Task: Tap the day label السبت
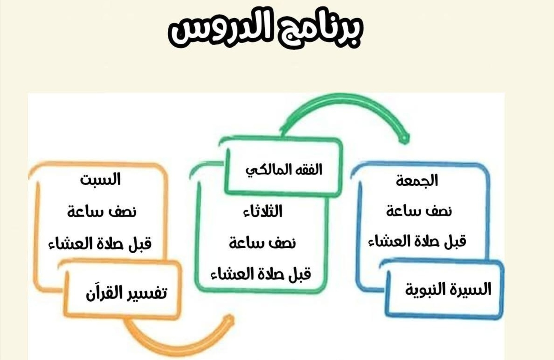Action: (x=100, y=180)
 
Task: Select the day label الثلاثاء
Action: (x=262, y=211)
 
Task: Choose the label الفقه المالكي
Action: (x=284, y=170)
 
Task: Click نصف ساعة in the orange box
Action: (x=102, y=212)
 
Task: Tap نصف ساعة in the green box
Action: (x=262, y=243)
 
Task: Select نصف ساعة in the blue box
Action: (x=419, y=211)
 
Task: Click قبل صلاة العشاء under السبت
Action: (x=100, y=244)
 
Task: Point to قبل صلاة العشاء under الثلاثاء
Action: (x=261, y=274)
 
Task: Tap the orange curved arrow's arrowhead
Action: (x=229, y=320)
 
